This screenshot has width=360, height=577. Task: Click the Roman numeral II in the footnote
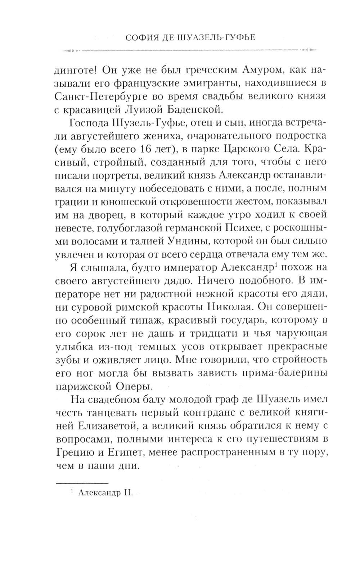129,493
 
